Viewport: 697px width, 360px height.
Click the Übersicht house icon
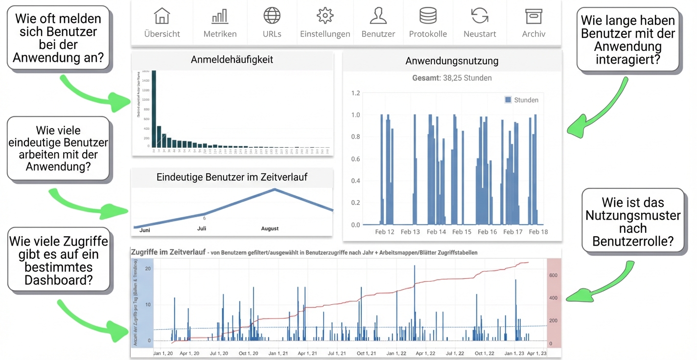(x=162, y=16)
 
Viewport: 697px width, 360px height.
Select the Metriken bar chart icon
(x=220, y=17)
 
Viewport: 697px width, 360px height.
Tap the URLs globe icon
(x=272, y=16)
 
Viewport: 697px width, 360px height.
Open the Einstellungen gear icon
(x=325, y=16)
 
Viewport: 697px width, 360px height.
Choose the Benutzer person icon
(x=378, y=16)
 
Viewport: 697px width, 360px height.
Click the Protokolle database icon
(x=428, y=16)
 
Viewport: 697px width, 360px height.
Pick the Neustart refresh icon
(x=480, y=16)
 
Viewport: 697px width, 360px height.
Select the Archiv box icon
(x=534, y=16)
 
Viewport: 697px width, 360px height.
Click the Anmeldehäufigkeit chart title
(x=232, y=60)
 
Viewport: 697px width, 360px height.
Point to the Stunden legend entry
(x=522, y=100)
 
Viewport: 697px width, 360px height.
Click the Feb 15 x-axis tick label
(x=462, y=232)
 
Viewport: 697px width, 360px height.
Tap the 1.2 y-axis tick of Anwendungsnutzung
(x=356, y=93)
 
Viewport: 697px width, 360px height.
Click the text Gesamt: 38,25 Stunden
(x=452, y=78)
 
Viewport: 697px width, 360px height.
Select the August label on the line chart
(x=270, y=228)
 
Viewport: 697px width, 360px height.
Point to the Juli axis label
(x=202, y=228)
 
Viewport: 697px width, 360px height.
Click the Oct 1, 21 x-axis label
(x=366, y=353)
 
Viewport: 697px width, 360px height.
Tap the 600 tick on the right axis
(x=553, y=275)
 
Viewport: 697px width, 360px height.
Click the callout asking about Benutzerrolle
(x=633, y=222)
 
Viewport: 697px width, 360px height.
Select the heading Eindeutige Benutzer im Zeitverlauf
(x=232, y=177)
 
